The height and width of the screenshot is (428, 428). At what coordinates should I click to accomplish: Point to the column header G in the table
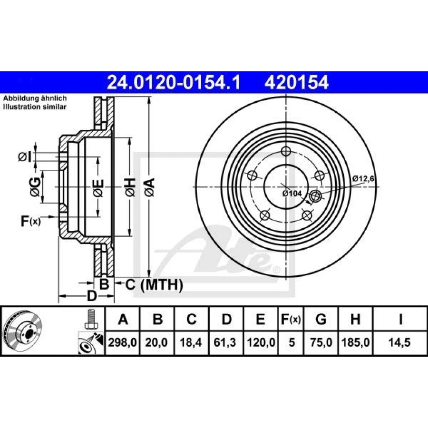[x=321, y=319]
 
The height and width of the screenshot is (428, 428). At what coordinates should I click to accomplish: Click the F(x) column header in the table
[x=290, y=319]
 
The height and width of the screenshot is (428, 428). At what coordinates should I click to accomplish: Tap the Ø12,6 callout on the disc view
[x=364, y=178]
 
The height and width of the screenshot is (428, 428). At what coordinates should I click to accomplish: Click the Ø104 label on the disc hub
[x=291, y=194]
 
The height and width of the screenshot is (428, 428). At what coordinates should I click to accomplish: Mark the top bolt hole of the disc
[x=285, y=152]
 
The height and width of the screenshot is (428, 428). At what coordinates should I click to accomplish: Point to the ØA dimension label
[x=149, y=186]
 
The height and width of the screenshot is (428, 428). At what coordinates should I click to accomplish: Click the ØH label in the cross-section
[x=129, y=186]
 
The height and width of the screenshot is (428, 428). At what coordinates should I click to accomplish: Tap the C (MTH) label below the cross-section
[x=154, y=285]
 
